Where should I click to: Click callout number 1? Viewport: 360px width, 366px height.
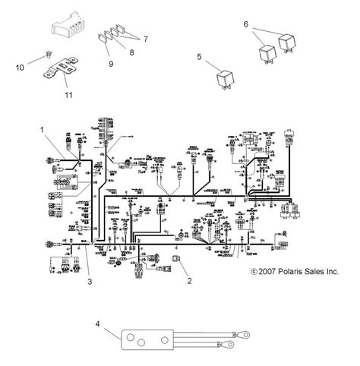(43, 130)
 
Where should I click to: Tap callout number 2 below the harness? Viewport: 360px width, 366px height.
(190, 280)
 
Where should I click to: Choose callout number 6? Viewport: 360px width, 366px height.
(246, 24)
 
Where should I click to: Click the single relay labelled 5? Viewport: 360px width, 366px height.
(226, 80)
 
